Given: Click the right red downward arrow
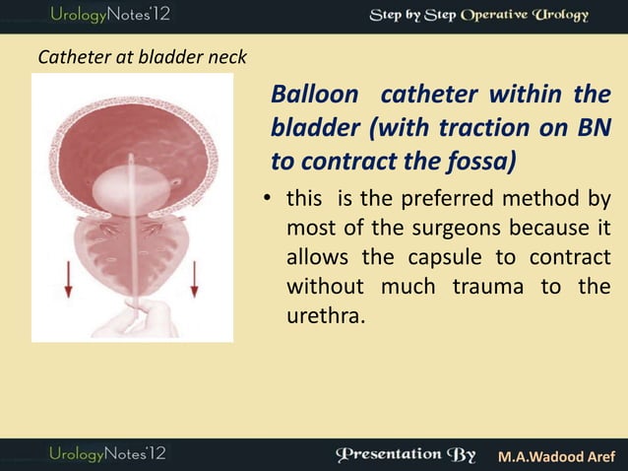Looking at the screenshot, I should tap(194, 277).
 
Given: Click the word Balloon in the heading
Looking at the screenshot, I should tap(312, 98).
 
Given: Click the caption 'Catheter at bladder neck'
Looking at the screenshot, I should tap(142, 58).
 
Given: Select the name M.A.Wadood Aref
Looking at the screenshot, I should tap(556, 456).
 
